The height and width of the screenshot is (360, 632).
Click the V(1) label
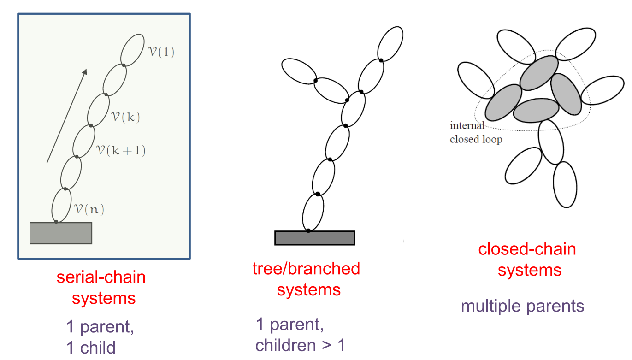coord(161,52)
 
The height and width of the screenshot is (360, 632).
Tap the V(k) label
coord(125,117)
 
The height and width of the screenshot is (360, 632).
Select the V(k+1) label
coord(121,150)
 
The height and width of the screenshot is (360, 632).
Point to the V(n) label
coord(89,210)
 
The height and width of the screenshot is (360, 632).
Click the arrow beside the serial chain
coord(66,116)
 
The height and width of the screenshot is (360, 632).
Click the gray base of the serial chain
coord(61,233)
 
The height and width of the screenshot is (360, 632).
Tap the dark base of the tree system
coord(314,237)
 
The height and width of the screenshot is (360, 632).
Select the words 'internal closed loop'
coord(475,132)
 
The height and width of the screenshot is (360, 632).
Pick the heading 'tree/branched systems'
coord(306,279)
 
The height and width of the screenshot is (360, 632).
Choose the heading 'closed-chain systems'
coord(527,259)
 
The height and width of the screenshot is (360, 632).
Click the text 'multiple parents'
coord(522,306)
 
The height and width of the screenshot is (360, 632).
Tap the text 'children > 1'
coord(300,345)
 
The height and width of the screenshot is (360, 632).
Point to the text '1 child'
coord(91,348)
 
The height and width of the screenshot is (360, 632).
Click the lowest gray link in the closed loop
coord(536,111)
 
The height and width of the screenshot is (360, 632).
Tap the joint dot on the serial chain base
coord(56,222)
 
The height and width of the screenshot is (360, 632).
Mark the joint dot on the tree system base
coord(308,230)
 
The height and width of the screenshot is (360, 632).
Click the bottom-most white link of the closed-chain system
coord(565,184)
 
